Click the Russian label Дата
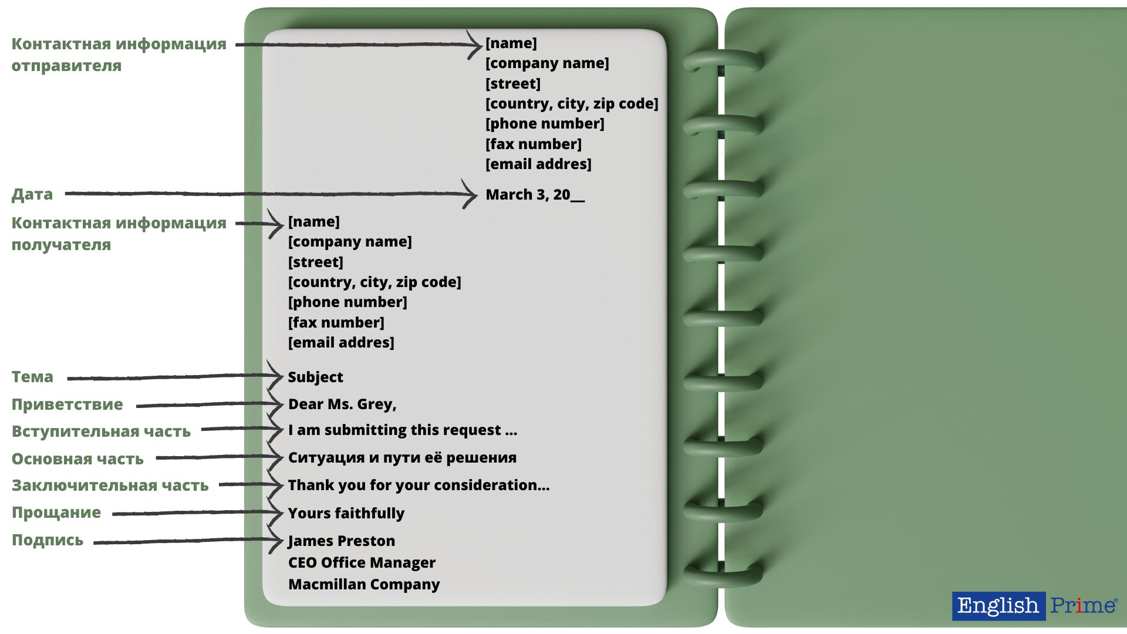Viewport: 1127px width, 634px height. tap(32, 194)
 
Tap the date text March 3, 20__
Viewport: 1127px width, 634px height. tap(535, 195)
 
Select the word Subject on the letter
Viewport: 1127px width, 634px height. tap(315, 377)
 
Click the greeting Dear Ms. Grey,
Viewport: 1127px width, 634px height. tap(342, 404)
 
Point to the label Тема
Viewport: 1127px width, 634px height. tap(32, 377)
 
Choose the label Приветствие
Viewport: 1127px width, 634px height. tap(68, 404)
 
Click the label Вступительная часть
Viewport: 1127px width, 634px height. tap(101, 431)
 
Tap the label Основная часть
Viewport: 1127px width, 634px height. tap(77, 459)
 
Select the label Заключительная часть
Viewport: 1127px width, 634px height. tap(110, 485)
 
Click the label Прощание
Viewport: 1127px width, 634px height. tap(56, 512)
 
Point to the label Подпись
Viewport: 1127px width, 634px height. tap(48, 540)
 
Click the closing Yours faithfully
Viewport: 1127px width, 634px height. tap(346, 513)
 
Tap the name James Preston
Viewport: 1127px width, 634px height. tap(342, 541)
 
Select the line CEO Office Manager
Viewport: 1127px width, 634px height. tap(362, 562)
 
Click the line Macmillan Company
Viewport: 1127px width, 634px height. tap(364, 584)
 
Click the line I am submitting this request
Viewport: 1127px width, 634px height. tap(403, 430)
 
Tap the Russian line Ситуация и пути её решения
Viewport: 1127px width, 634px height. tap(402, 458)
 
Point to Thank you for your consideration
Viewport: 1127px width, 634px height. tap(419, 485)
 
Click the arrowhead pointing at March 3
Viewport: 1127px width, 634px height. tap(471, 194)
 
